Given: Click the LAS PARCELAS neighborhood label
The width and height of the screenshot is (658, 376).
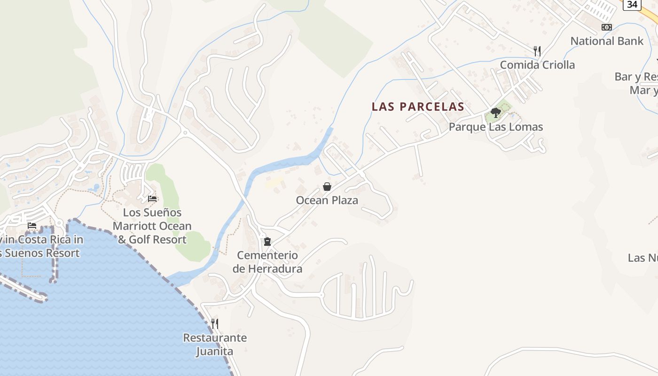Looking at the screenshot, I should click(x=418, y=107).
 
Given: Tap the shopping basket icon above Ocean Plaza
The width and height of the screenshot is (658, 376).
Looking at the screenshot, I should click(x=327, y=187).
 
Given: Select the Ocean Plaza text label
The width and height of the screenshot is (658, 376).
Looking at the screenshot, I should click(x=327, y=200).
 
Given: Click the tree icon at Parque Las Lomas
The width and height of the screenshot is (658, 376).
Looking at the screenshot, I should click(x=495, y=112).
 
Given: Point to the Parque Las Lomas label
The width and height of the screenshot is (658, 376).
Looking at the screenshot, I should click(x=495, y=127).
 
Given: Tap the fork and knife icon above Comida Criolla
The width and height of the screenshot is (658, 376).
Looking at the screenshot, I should click(x=537, y=51).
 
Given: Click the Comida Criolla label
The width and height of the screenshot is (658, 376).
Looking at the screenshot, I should click(x=537, y=65).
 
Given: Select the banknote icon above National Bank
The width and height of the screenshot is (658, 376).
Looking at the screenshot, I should click(x=607, y=27).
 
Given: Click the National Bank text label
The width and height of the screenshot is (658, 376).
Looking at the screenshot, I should click(x=607, y=41).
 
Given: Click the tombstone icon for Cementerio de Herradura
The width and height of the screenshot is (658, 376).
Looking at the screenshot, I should click(x=267, y=242).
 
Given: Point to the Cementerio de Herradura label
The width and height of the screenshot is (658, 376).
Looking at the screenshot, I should click(x=267, y=262).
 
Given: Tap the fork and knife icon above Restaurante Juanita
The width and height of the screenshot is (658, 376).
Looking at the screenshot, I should click(x=215, y=323).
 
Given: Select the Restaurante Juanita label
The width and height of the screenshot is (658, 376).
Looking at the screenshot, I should click(x=215, y=344).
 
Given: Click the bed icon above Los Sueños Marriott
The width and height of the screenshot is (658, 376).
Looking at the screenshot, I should click(x=152, y=199).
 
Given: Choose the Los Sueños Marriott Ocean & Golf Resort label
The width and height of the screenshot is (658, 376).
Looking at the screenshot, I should click(x=152, y=226).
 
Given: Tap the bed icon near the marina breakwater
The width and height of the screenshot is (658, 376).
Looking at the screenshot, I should click(x=32, y=226).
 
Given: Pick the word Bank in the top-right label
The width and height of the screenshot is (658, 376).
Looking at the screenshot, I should click(x=630, y=41).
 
